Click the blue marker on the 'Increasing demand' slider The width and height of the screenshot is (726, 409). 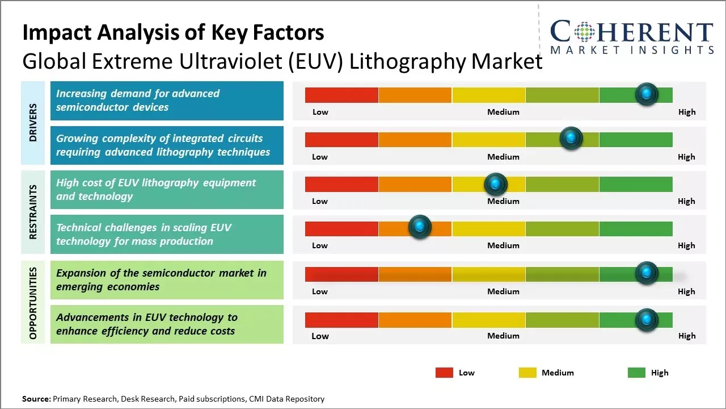pos(647,94)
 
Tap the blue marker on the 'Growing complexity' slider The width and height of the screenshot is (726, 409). pos(571,139)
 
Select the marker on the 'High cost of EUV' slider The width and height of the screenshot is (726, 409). pos(496,183)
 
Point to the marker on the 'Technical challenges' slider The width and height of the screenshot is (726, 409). pos(420,227)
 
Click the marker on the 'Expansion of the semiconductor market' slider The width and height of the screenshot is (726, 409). pos(647,273)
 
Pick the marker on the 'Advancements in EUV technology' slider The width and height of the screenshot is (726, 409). pos(647,320)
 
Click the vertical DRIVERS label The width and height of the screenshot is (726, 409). pos(33,123)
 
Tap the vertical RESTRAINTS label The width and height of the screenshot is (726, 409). pos(33,212)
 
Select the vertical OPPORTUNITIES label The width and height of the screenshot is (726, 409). pos(33,303)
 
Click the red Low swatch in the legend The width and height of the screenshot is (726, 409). pos(444,373)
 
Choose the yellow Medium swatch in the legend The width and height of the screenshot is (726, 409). pos(527,373)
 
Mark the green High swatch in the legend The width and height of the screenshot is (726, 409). pos(636,373)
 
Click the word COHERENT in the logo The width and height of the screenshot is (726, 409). pos(632,32)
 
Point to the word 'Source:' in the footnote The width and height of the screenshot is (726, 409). pos(36,399)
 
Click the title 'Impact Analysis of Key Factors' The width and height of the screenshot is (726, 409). pos(173,32)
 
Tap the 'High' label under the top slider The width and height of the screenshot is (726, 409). pos(687,112)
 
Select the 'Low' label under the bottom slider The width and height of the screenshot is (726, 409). pos(320,336)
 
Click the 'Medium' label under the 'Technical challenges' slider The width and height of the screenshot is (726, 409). pos(503,245)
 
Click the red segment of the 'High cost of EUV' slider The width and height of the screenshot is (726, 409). pos(341,184)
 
